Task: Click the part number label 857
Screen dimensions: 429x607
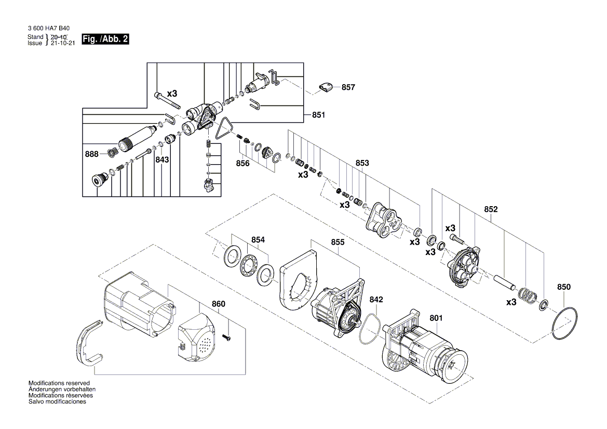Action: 348,87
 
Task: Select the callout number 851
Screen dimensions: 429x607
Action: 318,115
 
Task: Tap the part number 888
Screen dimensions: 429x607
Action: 91,154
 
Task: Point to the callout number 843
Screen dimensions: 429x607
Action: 162,160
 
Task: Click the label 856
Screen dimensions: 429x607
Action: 242,163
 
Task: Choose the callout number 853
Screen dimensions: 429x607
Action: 362,163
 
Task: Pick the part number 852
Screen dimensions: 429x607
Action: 491,209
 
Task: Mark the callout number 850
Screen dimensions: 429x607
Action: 563,287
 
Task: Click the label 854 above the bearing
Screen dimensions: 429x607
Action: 258,239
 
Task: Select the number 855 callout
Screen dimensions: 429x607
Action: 338,242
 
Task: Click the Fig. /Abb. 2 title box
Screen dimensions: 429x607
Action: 105,39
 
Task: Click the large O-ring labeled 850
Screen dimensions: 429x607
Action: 564,325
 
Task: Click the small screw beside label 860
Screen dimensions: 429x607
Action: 228,338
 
